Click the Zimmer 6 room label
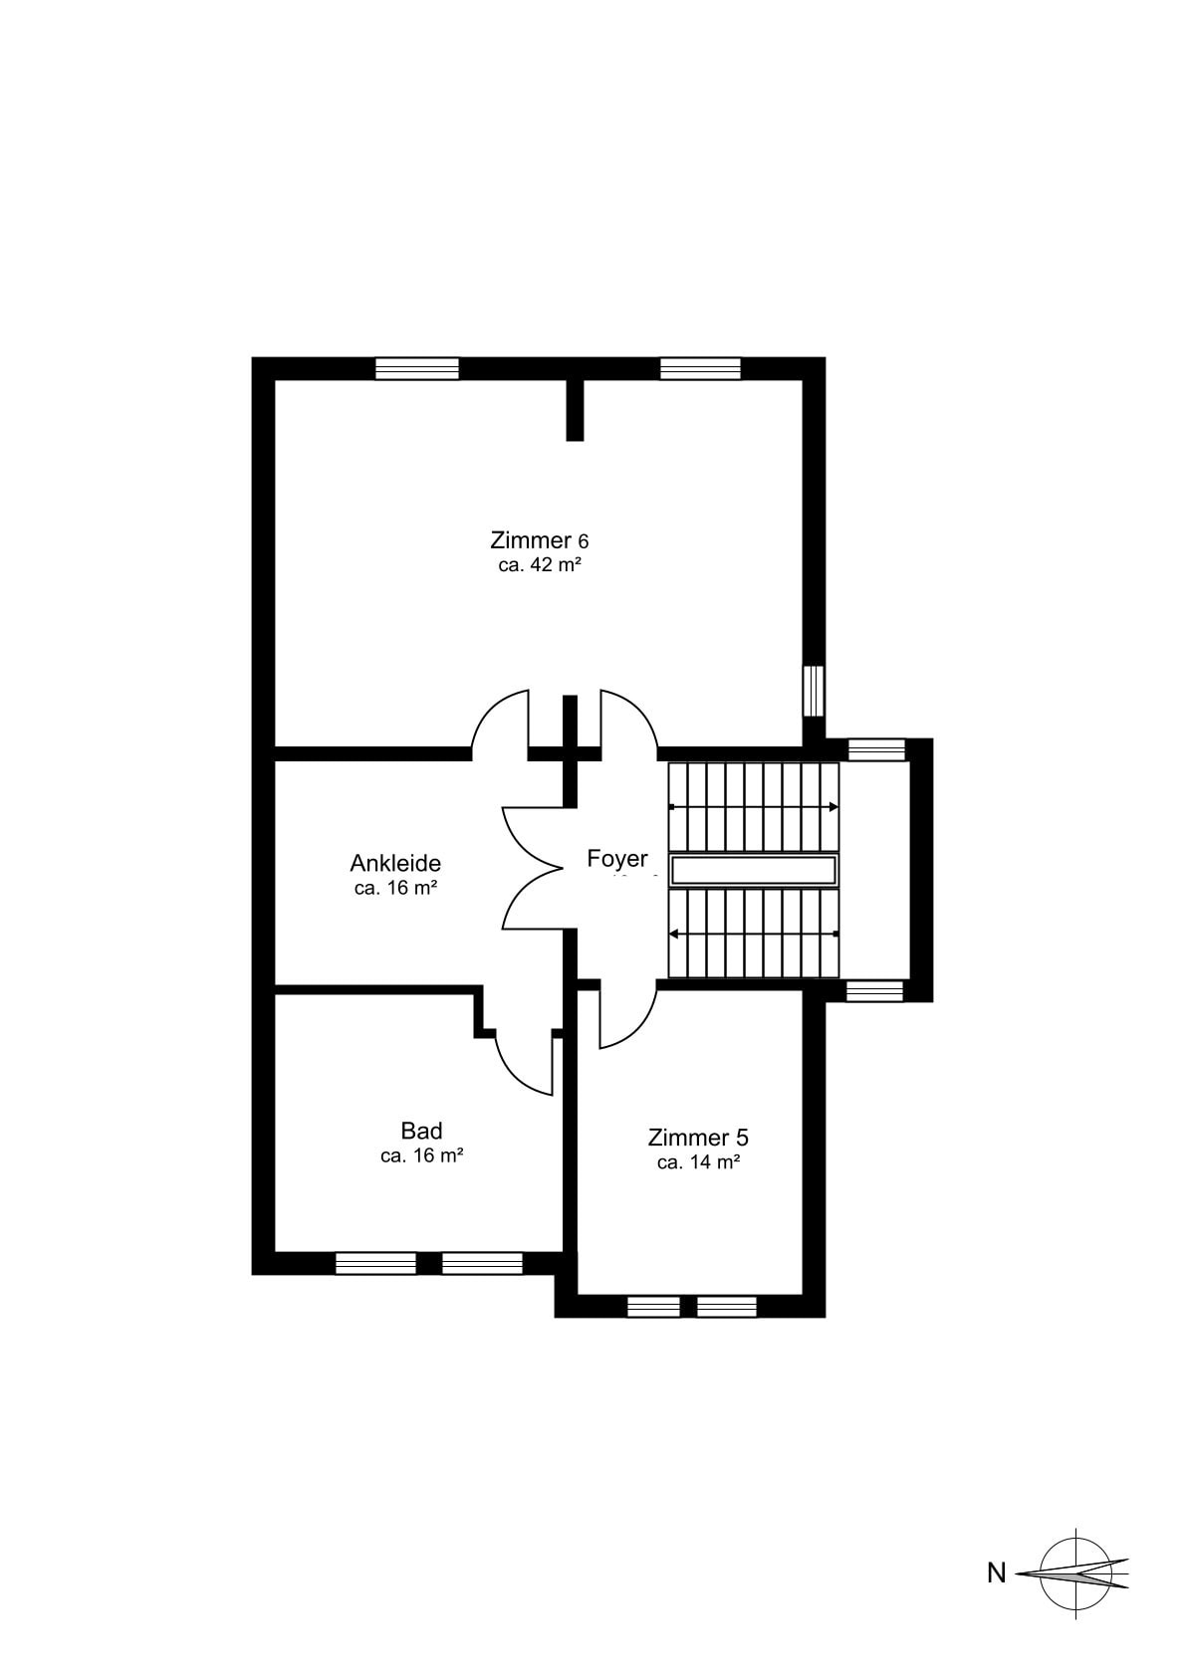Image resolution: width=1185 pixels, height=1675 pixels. coord(540,539)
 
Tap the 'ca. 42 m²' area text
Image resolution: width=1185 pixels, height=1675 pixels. coord(540,565)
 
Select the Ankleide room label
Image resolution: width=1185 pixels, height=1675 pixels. coord(395,864)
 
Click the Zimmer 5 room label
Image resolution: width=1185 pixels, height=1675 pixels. coord(698,1139)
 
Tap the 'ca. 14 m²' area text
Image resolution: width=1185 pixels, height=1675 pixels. coord(699,1162)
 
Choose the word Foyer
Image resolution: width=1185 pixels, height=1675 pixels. coord(617,859)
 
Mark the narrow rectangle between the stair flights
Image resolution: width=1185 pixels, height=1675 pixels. coord(754,871)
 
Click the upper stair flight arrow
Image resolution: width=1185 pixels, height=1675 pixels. coord(754,807)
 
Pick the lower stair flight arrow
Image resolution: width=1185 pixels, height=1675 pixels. coord(754,934)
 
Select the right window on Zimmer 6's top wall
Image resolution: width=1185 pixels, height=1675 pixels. coord(700,368)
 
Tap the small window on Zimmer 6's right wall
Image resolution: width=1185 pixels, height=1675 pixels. coord(814,691)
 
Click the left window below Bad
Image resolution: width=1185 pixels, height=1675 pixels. coord(375,1263)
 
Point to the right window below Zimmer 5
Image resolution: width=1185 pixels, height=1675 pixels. coord(726,1307)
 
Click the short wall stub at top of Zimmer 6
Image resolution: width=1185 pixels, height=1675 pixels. coord(575,410)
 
